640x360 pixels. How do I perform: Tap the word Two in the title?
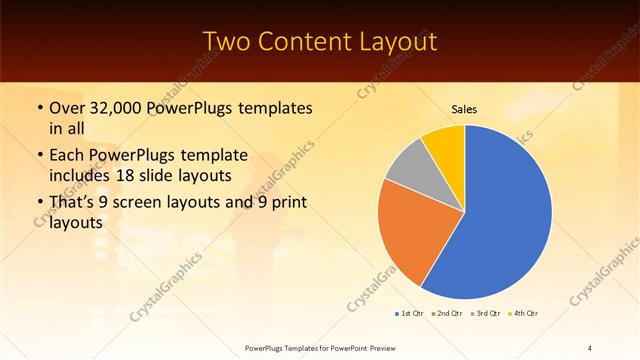(227, 42)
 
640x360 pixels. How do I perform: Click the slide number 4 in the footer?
(589, 347)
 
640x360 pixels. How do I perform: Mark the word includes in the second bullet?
(84, 175)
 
